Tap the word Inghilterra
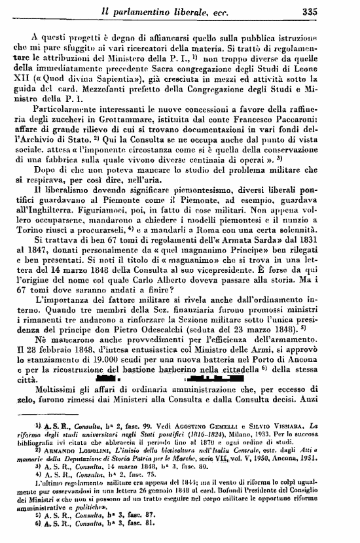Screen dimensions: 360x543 (x=61, y=231)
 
